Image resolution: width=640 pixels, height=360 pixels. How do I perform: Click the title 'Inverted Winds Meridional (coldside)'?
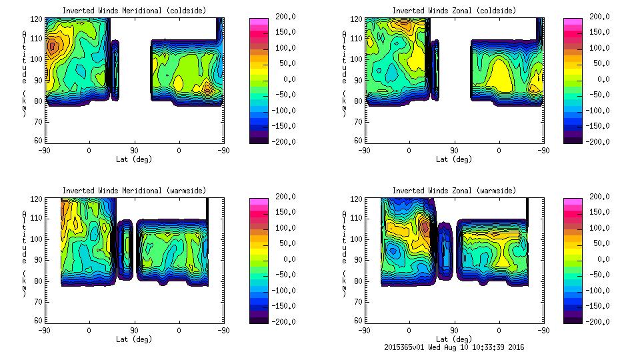coord(133,11)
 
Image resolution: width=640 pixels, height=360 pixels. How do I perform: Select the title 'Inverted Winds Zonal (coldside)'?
coord(453,11)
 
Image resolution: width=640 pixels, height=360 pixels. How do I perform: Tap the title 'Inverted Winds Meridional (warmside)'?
coord(133,191)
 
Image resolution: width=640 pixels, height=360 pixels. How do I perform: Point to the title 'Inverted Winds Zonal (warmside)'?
coord(453,191)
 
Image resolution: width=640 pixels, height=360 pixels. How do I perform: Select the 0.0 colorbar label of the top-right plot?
coord(603,79)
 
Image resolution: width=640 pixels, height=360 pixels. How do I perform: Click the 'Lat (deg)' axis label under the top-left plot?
coord(133,159)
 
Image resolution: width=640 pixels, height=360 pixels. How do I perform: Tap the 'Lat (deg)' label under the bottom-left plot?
coord(133,339)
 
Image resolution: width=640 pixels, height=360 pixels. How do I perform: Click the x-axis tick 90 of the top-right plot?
coord(454,150)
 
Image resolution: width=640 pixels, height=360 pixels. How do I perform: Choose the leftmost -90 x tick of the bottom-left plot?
coord(44,330)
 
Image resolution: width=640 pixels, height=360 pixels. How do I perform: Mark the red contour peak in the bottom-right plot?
coord(425,229)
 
